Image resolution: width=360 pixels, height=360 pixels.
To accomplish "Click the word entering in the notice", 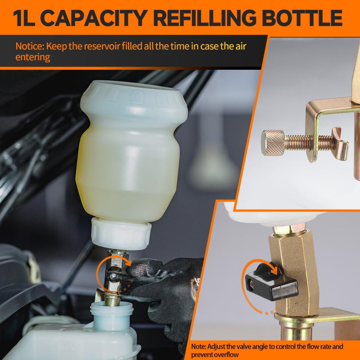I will (x=32, y=57).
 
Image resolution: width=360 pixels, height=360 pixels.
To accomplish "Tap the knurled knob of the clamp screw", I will (x=273, y=142).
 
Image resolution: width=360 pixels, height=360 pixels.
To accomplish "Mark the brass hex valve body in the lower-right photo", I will (x=292, y=270).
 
